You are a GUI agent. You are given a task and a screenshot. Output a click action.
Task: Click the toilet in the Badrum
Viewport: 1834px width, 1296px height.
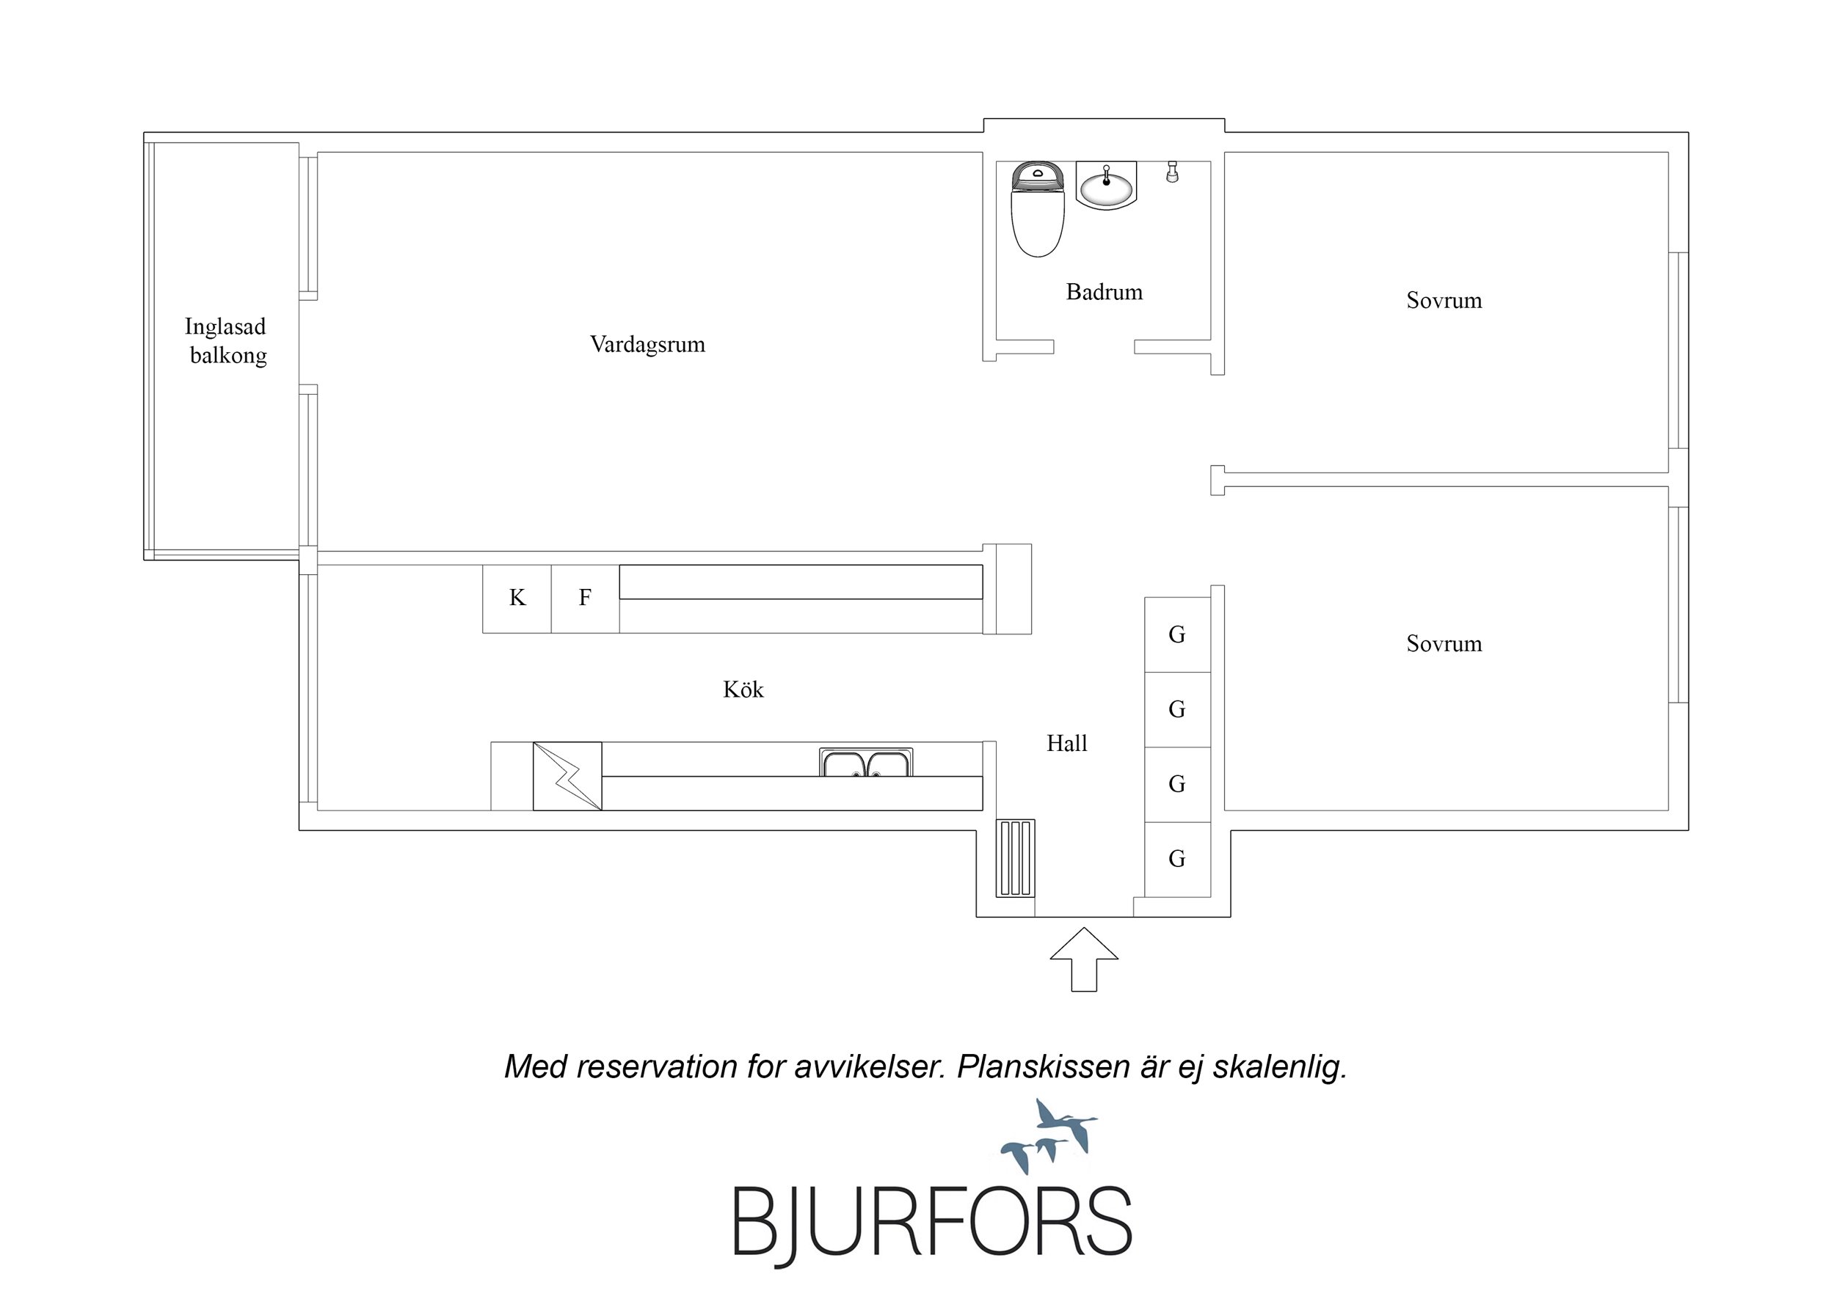pyautogui.click(x=1038, y=209)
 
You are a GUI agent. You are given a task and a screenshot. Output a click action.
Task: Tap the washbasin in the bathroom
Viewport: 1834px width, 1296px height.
pyautogui.click(x=1106, y=186)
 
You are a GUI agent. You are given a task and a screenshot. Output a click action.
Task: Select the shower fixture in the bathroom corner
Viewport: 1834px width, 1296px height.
pyautogui.click(x=1172, y=172)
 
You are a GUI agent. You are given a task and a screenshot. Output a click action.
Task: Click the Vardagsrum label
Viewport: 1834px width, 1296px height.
pyautogui.click(x=648, y=345)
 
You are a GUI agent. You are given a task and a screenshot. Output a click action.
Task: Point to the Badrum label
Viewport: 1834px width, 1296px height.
pyautogui.click(x=1104, y=291)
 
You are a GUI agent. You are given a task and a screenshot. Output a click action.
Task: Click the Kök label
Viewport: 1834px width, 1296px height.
pyautogui.click(x=743, y=689)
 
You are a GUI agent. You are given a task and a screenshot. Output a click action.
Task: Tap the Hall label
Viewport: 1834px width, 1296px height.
pyautogui.click(x=1066, y=744)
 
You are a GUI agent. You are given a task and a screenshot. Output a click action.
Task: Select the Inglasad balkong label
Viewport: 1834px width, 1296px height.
pyautogui.click(x=227, y=341)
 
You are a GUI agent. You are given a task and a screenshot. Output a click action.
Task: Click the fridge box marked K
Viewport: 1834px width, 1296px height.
pyautogui.click(x=517, y=599)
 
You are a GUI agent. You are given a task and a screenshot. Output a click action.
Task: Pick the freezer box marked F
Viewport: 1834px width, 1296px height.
pyautogui.click(x=586, y=599)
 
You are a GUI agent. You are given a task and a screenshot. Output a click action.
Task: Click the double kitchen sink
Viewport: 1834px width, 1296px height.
pyautogui.click(x=866, y=762)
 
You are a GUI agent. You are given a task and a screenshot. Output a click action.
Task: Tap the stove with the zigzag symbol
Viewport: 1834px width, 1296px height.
pyautogui.click(x=567, y=776)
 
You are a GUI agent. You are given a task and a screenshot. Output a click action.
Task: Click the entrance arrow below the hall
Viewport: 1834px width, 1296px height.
pyautogui.click(x=1083, y=959)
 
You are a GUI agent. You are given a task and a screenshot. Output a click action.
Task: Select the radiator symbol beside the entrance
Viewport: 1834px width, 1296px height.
pyautogui.click(x=1015, y=857)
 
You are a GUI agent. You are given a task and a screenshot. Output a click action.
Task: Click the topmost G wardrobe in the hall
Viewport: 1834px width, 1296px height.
pyautogui.click(x=1177, y=635)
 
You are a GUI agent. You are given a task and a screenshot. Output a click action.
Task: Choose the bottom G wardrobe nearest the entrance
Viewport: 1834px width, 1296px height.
pyautogui.click(x=1177, y=859)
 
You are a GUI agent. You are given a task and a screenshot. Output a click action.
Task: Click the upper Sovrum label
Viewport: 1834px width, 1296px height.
pyautogui.click(x=1444, y=301)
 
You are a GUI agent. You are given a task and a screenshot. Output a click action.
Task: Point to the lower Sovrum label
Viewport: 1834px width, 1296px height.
pyautogui.click(x=1444, y=645)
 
